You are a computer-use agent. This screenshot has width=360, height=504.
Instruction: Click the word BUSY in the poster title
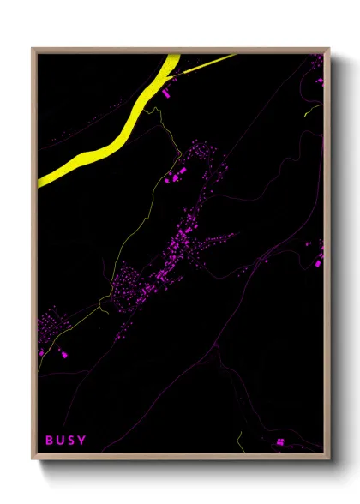[66, 441]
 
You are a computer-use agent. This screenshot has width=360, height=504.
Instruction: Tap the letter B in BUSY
[50, 441]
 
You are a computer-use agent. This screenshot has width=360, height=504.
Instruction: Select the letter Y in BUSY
[82, 441]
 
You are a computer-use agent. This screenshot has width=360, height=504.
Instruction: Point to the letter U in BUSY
[60, 441]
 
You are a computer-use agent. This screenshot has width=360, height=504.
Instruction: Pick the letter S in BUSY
[71, 441]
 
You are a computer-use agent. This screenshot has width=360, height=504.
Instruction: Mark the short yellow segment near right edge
[309, 112]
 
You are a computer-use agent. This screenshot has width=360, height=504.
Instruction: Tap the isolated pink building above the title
[40, 352]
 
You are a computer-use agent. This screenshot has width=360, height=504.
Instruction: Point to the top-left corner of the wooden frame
[33, 49]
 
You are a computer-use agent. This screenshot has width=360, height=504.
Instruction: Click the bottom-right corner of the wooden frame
[328, 460]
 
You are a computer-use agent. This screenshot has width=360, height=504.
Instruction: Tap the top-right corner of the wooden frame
[328, 49]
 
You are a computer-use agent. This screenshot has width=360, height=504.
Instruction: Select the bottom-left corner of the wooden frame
[33, 460]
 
